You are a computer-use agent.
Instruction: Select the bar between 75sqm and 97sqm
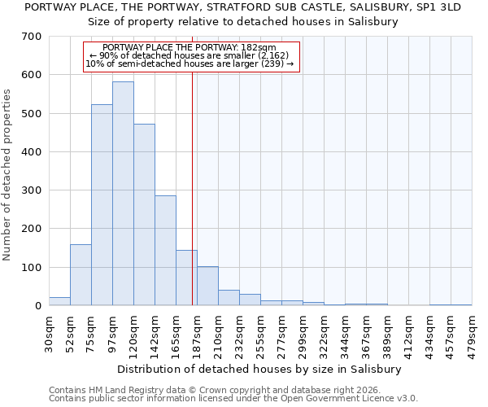click(x=102, y=205)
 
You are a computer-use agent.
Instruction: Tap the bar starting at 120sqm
click(x=144, y=215)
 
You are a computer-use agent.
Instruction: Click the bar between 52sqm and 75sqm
click(x=81, y=275)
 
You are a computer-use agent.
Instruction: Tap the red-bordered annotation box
click(x=192, y=55)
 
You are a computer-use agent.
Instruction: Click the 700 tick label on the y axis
click(x=33, y=37)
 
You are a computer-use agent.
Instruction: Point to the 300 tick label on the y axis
click(x=33, y=190)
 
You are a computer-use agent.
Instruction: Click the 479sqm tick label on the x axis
click(x=472, y=334)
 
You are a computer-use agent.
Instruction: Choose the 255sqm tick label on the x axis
click(x=260, y=334)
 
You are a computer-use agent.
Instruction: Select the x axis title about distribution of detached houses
click(x=259, y=369)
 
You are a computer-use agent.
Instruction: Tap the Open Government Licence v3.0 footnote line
click(x=233, y=398)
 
